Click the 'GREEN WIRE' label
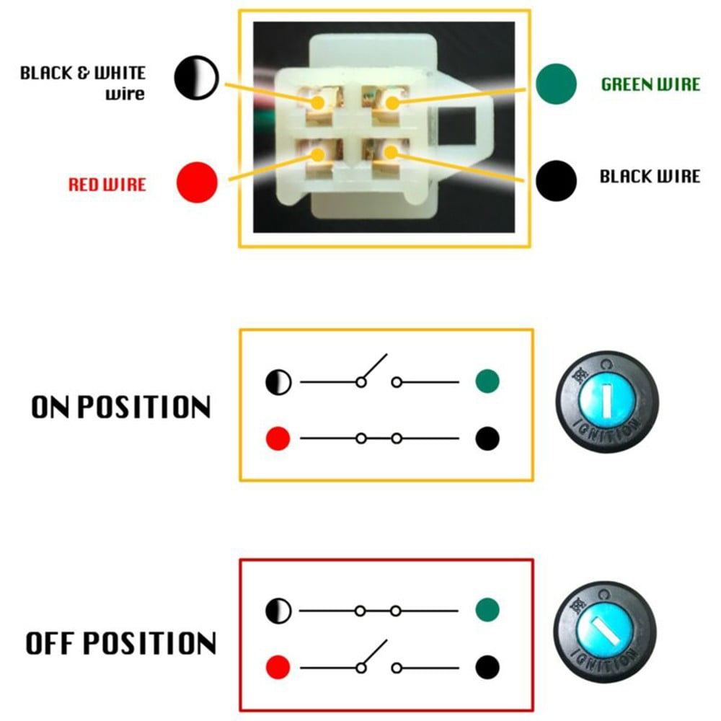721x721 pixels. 650,84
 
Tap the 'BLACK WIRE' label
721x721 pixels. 650,177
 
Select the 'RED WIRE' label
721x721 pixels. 107,185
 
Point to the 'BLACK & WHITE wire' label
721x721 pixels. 83,83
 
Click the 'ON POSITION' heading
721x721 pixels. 120,407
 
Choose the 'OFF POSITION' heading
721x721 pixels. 120,643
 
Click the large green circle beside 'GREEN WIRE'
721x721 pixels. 557,84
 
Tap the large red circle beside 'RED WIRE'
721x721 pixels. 197,182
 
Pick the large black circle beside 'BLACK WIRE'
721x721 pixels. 556,179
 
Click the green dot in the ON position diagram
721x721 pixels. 487,381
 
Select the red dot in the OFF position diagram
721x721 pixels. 278,664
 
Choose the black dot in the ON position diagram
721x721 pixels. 487,438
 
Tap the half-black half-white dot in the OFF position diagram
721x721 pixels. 278,611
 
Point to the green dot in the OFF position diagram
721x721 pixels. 487,610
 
